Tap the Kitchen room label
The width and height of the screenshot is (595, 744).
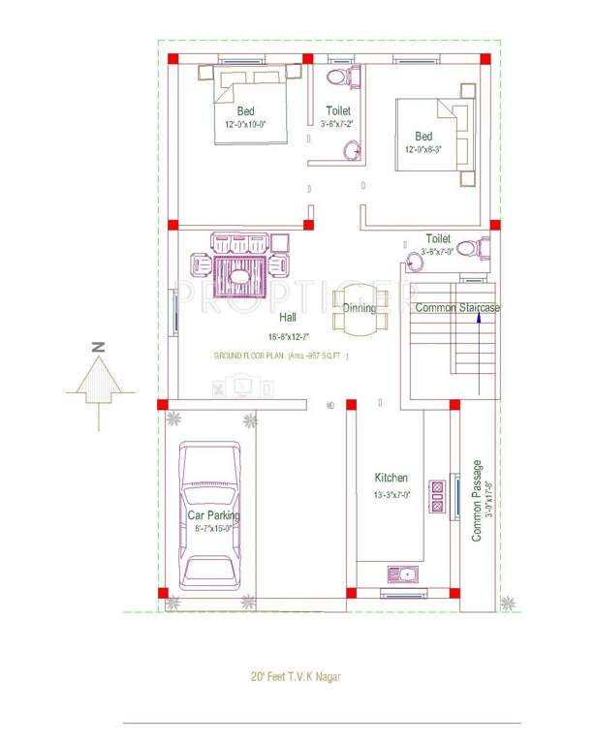tap(391, 478)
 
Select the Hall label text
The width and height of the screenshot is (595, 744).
tap(288, 317)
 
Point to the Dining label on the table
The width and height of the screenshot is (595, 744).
tap(360, 308)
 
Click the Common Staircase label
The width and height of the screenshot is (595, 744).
tap(457, 308)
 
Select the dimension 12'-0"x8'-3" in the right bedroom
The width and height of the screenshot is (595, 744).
tap(429, 150)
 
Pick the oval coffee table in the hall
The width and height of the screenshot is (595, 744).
tap(238, 275)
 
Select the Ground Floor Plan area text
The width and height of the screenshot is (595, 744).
tap(280, 356)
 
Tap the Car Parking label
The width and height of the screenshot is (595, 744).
tap(214, 515)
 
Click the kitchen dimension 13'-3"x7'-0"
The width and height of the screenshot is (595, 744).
tap(391, 494)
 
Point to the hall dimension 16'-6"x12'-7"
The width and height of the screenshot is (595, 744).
tap(288, 336)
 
